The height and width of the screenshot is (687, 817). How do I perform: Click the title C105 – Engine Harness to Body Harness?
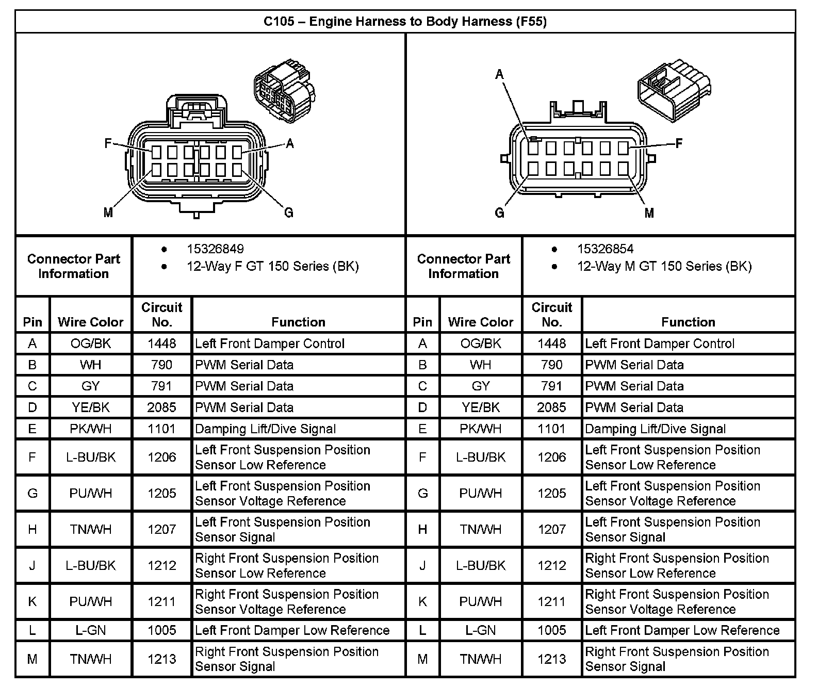coord(405,21)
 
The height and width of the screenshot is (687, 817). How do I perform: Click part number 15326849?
coord(215,249)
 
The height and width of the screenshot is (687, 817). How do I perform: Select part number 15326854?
coord(605,249)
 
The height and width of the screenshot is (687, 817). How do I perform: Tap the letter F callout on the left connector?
coord(108,143)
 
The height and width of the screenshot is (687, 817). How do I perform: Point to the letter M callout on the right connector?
coord(649,213)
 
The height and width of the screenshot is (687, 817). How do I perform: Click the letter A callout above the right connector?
coord(499,75)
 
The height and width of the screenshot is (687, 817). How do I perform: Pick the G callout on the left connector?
coord(289,212)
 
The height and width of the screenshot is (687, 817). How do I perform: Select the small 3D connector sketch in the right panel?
coord(674,91)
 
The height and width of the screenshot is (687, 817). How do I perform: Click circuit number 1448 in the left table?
coord(162,343)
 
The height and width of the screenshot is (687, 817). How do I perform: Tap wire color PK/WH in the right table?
coord(481,429)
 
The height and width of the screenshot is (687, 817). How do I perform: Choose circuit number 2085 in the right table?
coord(552,407)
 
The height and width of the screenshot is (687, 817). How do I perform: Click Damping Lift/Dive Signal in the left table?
coord(265,429)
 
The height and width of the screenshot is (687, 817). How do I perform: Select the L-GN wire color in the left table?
coord(91,630)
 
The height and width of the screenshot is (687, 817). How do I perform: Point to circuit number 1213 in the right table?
coord(552,659)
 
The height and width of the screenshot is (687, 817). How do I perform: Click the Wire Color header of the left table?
coord(91,322)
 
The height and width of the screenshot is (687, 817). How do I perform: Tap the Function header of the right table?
coord(688,322)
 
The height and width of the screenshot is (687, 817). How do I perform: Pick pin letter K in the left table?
coord(32,601)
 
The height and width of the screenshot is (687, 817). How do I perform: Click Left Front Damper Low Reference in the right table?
coord(682,630)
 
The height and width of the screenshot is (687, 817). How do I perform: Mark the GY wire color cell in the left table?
coord(91,386)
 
